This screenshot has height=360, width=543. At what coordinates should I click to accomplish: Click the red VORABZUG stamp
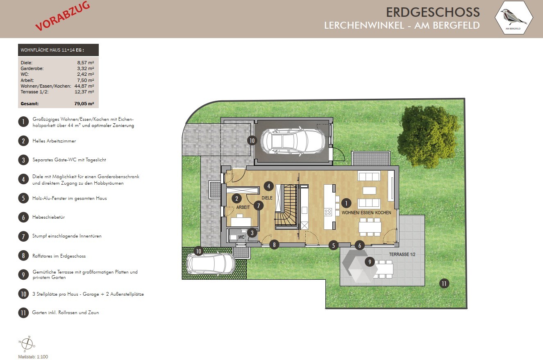click(x=63, y=16)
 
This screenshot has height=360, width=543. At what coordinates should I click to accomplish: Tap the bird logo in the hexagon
click(x=513, y=17)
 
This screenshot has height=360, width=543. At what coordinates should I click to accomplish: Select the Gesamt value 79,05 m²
click(x=84, y=104)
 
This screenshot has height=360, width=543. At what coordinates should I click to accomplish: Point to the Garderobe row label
click(x=32, y=68)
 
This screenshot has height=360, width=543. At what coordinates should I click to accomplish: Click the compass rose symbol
click(x=27, y=344)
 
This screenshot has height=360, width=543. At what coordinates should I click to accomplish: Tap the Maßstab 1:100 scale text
click(x=33, y=357)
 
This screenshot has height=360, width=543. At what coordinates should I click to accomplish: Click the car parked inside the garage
click(x=293, y=141)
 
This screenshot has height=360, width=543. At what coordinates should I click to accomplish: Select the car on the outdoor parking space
click(x=211, y=264)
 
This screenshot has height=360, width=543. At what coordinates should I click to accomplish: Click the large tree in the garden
click(x=428, y=136)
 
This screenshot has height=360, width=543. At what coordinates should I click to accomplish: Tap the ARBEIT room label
click(x=243, y=207)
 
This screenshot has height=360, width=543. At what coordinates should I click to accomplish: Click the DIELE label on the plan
click(x=267, y=198)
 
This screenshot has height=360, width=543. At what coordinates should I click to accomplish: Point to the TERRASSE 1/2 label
click(x=402, y=254)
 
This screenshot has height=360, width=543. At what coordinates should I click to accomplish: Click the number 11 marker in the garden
click(x=444, y=284)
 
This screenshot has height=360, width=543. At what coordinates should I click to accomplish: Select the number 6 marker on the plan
click(x=359, y=246)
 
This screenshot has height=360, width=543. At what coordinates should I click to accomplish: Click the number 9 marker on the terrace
click(x=370, y=262)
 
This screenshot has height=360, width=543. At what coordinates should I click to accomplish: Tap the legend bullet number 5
click(x=23, y=198)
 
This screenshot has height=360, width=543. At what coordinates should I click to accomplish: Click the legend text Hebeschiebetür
click(x=48, y=217)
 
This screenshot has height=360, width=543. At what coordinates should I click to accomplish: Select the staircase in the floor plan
click(x=286, y=207)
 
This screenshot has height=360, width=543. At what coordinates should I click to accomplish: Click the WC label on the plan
click(x=241, y=237)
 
